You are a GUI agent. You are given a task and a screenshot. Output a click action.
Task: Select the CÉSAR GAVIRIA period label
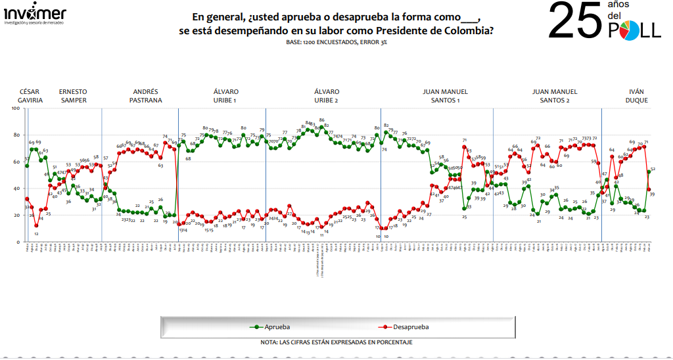point(31,96)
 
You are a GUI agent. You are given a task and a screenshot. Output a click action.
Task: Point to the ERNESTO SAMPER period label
point(73,96)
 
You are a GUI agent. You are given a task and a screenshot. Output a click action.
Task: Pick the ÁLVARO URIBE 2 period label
point(326,96)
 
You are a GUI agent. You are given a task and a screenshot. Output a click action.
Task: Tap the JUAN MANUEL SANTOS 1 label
point(440,96)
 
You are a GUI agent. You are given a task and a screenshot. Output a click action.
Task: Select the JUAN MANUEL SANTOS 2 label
point(555,96)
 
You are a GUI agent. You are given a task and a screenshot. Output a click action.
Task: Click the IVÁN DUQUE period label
point(636,96)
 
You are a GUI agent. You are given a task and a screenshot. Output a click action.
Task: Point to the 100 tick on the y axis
point(14,108)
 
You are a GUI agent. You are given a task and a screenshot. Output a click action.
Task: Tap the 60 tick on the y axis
point(16,162)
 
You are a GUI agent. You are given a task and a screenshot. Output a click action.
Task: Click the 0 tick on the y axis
point(18,242)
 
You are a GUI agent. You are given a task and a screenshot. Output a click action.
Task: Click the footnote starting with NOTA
point(336,342)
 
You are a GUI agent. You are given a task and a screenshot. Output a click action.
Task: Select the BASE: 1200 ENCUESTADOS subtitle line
point(336,42)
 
